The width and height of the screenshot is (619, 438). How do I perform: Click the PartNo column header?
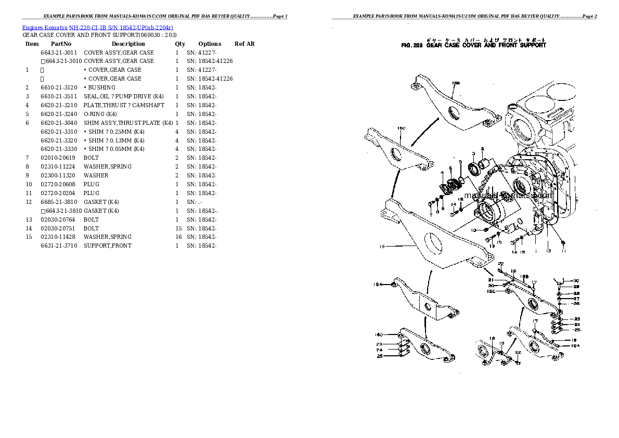[61, 44]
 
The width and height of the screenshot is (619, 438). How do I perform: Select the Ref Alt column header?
[244, 44]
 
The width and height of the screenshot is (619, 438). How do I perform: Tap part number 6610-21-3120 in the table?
[59, 87]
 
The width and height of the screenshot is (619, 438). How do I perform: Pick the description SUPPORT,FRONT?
[108, 246]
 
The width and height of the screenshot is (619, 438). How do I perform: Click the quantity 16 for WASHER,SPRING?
[178, 237]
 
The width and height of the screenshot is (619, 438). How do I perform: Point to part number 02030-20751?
[57, 228]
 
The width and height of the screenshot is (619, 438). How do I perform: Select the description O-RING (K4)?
[100, 114]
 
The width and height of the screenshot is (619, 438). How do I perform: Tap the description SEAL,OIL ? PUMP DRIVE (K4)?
[124, 96]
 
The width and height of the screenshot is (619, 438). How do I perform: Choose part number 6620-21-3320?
[59, 140]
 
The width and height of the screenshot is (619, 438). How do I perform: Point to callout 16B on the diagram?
[456, 83]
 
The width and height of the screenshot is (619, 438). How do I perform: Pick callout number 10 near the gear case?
[473, 230]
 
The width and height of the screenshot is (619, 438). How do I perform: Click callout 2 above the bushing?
[482, 149]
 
